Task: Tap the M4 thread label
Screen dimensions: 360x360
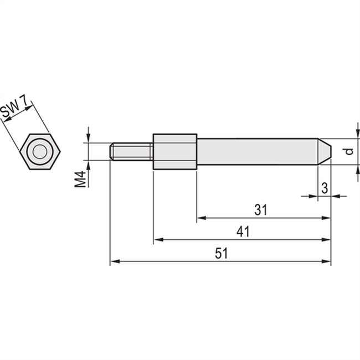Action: point(81,178)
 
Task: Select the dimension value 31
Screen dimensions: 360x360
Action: point(261,210)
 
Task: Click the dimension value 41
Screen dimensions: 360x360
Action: point(243,232)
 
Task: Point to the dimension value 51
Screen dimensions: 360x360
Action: point(221,254)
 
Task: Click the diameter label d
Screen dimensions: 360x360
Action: point(347,151)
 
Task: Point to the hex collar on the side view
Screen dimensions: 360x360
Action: point(174,151)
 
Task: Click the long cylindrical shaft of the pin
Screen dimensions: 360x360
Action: point(258,151)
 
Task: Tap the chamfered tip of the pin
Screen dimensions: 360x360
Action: point(326,151)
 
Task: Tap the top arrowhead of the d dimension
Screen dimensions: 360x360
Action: point(356,135)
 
